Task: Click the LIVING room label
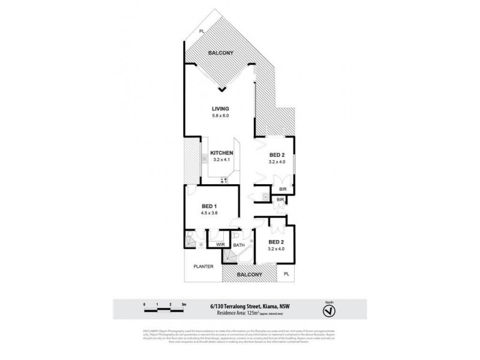tap(220, 109)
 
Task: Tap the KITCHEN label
tap(221, 153)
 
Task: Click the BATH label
tap(239, 245)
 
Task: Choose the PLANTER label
tap(203, 266)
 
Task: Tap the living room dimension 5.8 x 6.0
tap(220, 115)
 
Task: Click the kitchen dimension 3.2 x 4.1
tap(221, 160)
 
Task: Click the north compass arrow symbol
tap(328, 311)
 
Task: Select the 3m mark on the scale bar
tap(184, 305)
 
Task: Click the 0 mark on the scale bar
tap(145, 305)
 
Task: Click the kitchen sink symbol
tap(204, 159)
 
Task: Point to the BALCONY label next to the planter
tap(250, 274)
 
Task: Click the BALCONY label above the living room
tap(220, 53)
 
